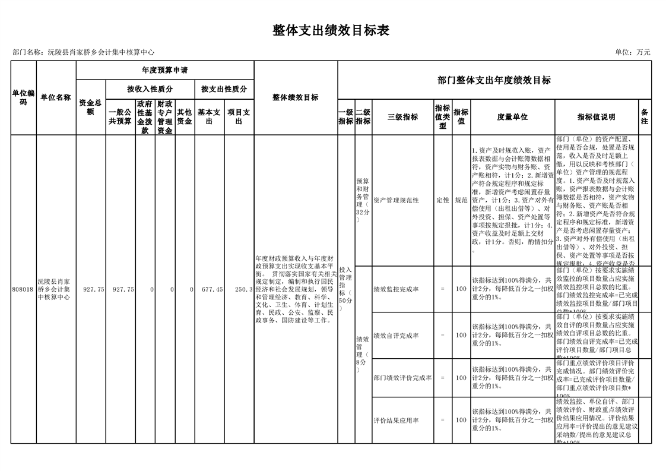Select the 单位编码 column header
coord(23,98)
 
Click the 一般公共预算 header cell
coord(120,116)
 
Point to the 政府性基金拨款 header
coord(145,116)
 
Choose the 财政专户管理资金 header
coord(165,116)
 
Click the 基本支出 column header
coord(209,116)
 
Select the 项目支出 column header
coord(239,116)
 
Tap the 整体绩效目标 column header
coord(295,98)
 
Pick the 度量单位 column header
coord(512,117)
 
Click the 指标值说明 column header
coord(596,117)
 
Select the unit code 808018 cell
coord(23,289)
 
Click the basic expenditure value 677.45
coord(212,289)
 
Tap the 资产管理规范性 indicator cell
coord(396,201)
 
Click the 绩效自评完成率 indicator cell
coord(396,336)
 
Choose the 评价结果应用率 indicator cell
coord(396,421)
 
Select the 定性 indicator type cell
coord(442,201)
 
